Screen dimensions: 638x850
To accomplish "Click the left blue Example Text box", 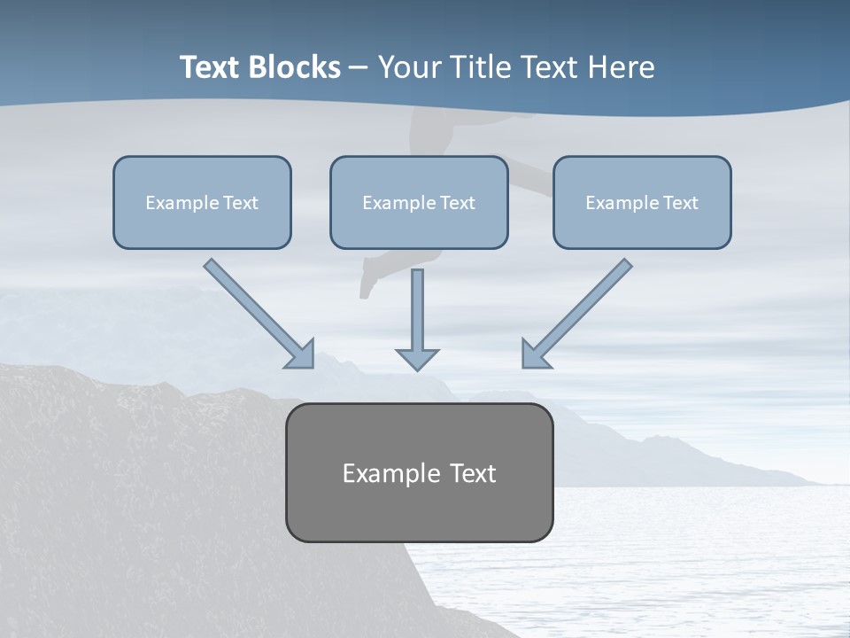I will tap(202, 202).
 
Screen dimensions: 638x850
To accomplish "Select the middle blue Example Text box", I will tap(419, 202).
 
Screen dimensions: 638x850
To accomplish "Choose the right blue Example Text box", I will tap(642, 202).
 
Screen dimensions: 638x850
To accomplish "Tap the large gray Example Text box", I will tap(419, 472).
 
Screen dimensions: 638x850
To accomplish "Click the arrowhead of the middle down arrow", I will tap(418, 359).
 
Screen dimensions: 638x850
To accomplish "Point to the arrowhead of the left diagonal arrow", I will tap(301, 354).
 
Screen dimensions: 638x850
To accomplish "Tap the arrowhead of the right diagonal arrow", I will tap(535, 354).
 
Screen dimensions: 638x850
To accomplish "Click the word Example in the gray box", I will tap(381, 473).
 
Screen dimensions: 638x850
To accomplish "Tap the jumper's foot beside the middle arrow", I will tap(367, 285).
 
